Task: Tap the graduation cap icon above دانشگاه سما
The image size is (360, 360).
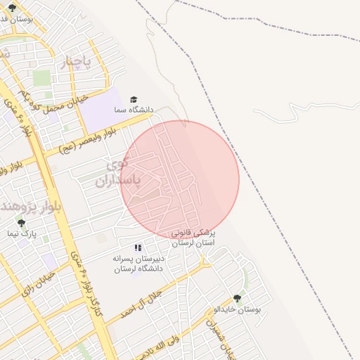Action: point(134,100)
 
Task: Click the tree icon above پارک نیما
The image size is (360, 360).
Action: point(20,222)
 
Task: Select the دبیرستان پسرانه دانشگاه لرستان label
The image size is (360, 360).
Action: point(137,264)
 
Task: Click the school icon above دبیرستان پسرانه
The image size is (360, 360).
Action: point(138,247)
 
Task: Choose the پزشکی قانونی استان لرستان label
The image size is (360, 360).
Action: point(195,237)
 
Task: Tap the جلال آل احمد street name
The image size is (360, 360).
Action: point(141,303)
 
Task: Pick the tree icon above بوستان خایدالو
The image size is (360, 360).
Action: point(236,298)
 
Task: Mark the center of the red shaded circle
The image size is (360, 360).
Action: point(180,179)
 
